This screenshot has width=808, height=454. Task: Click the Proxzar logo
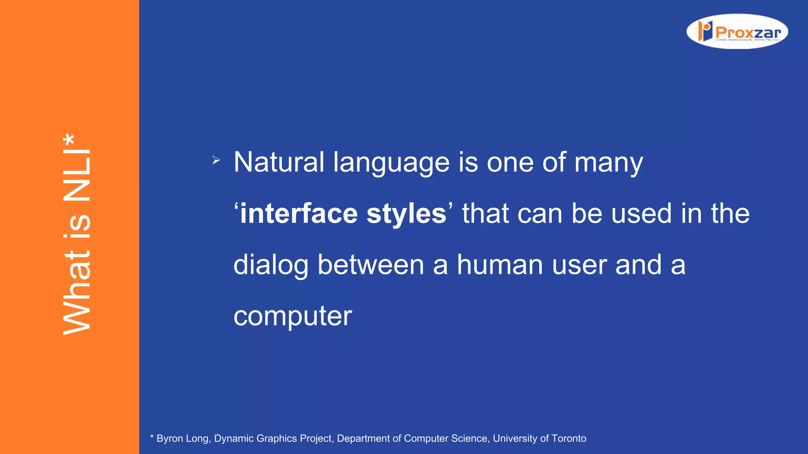point(737,32)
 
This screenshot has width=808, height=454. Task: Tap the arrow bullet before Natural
point(216,160)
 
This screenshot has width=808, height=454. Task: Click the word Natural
point(279,162)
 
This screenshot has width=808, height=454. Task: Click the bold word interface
point(299,213)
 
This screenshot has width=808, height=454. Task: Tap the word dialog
point(271,265)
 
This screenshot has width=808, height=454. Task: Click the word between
point(370,264)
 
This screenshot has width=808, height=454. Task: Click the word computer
point(292,316)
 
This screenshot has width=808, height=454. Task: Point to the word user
point(579,265)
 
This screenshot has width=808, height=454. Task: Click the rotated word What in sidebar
point(77,292)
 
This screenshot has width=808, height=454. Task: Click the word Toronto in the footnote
point(569,439)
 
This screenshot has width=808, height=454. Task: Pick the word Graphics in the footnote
point(276,439)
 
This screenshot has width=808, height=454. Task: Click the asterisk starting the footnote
point(152,437)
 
